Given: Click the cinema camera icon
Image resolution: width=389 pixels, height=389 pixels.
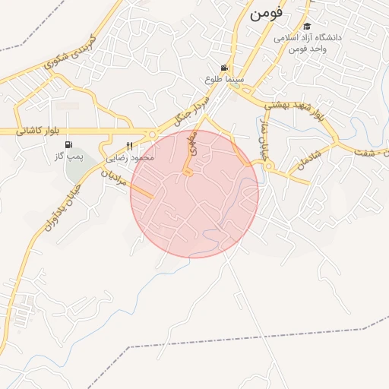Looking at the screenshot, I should (224, 67).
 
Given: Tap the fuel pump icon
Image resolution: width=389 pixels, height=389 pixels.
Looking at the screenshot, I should (69, 144).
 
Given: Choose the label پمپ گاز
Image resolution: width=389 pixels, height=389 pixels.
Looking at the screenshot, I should (68, 156).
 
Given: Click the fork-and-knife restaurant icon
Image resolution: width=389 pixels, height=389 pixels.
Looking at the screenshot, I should (129, 146).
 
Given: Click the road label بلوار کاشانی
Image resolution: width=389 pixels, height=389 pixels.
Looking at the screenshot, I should (37, 131).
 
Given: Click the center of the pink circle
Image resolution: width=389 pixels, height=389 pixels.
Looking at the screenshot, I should (194, 194).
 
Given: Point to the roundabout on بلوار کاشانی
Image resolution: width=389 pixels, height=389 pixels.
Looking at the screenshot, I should (163, 131).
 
